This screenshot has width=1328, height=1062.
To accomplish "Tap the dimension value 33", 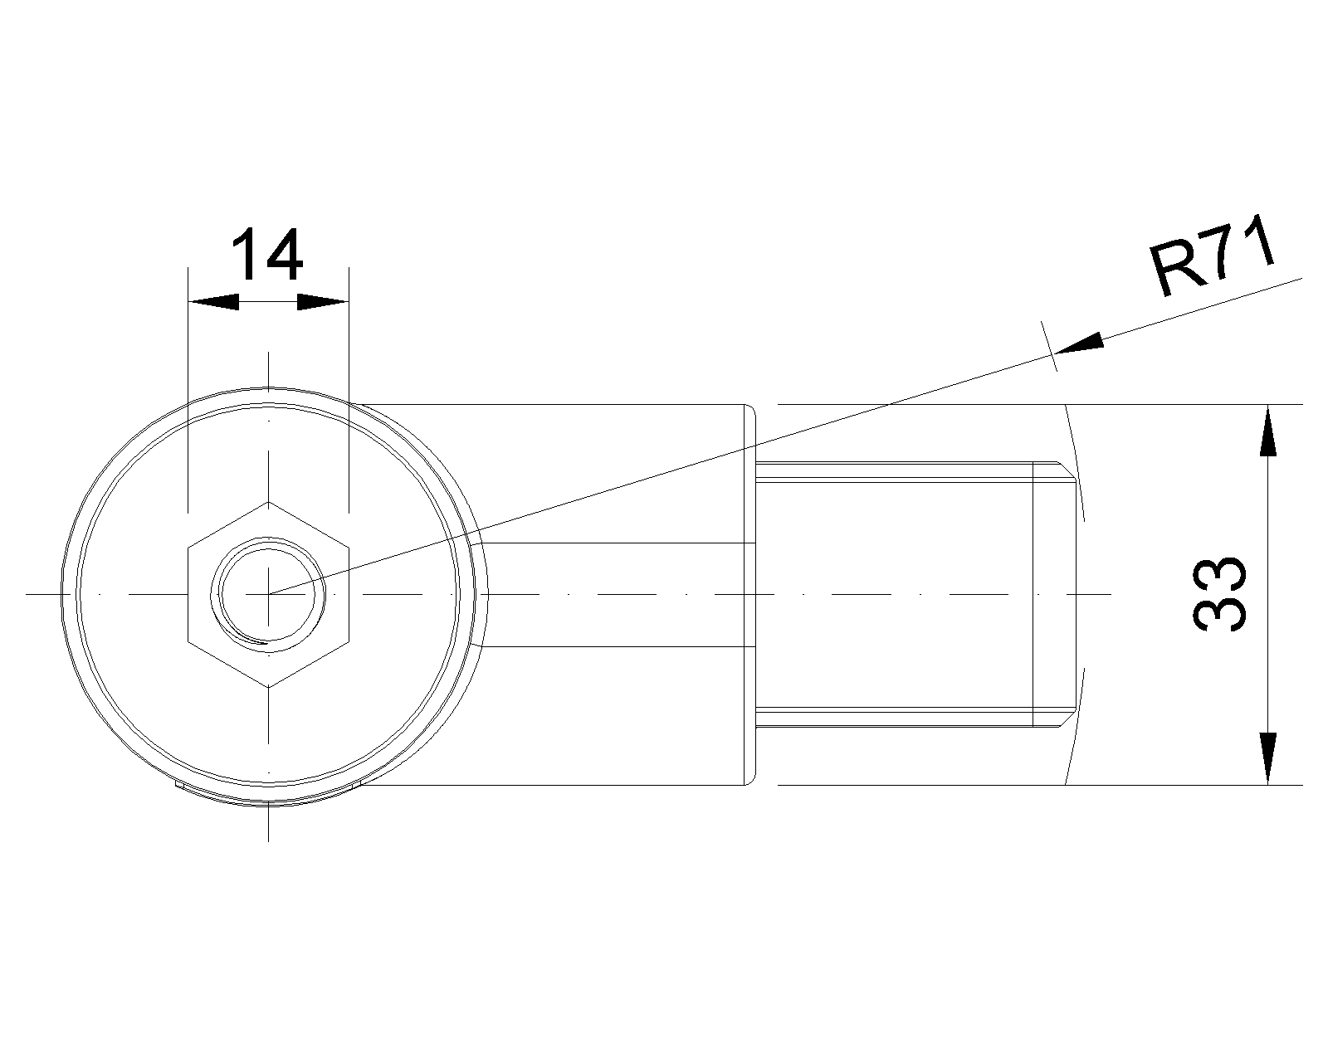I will pos(1219,594).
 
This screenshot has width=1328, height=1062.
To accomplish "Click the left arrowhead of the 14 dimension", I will pos(213,302).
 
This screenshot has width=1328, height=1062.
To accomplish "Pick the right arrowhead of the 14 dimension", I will pos(322,302).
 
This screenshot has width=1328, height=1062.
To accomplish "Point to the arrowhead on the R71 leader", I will pos(1079,344).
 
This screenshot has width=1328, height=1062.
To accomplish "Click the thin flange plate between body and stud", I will pos(754,594).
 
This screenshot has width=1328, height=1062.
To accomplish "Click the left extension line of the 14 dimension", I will pos(189,390).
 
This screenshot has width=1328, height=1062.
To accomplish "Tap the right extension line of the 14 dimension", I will pos(348,390).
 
